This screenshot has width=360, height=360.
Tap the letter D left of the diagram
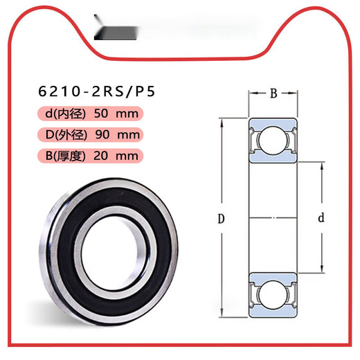click(220, 219)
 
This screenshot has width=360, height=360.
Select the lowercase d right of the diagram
click(321, 219)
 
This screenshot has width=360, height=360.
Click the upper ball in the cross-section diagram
click(272, 141)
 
